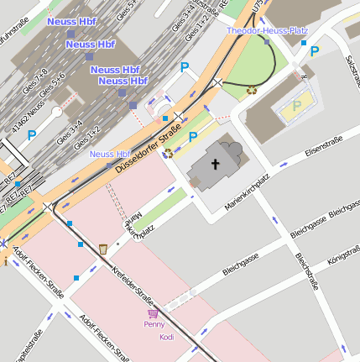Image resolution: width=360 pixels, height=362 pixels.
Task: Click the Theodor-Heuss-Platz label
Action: pyautogui.click(x=267, y=30)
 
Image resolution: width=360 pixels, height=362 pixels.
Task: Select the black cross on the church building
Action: pyautogui.click(x=215, y=165)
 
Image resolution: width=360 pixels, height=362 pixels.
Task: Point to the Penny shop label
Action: pyautogui.click(x=154, y=324)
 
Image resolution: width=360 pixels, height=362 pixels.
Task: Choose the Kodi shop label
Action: pyautogui.click(x=166, y=336)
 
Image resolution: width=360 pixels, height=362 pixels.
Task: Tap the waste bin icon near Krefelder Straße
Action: pyautogui.click(x=102, y=249)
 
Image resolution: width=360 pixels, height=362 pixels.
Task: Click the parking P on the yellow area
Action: pyautogui.click(x=296, y=106)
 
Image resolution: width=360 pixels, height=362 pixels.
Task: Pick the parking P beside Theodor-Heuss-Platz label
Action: pyautogui.click(x=315, y=51)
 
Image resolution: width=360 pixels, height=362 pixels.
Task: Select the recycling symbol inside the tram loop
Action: pyautogui.click(x=252, y=90)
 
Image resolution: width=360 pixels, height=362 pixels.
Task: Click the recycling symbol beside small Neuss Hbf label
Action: pyautogui.click(x=169, y=153)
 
